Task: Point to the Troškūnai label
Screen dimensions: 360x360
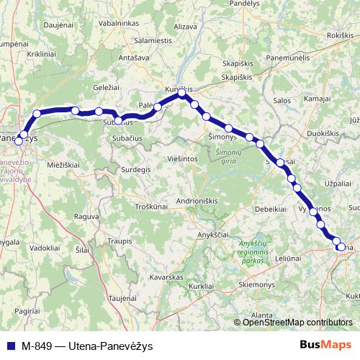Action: [152, 206]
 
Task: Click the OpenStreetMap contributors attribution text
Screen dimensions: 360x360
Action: [297, 322]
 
